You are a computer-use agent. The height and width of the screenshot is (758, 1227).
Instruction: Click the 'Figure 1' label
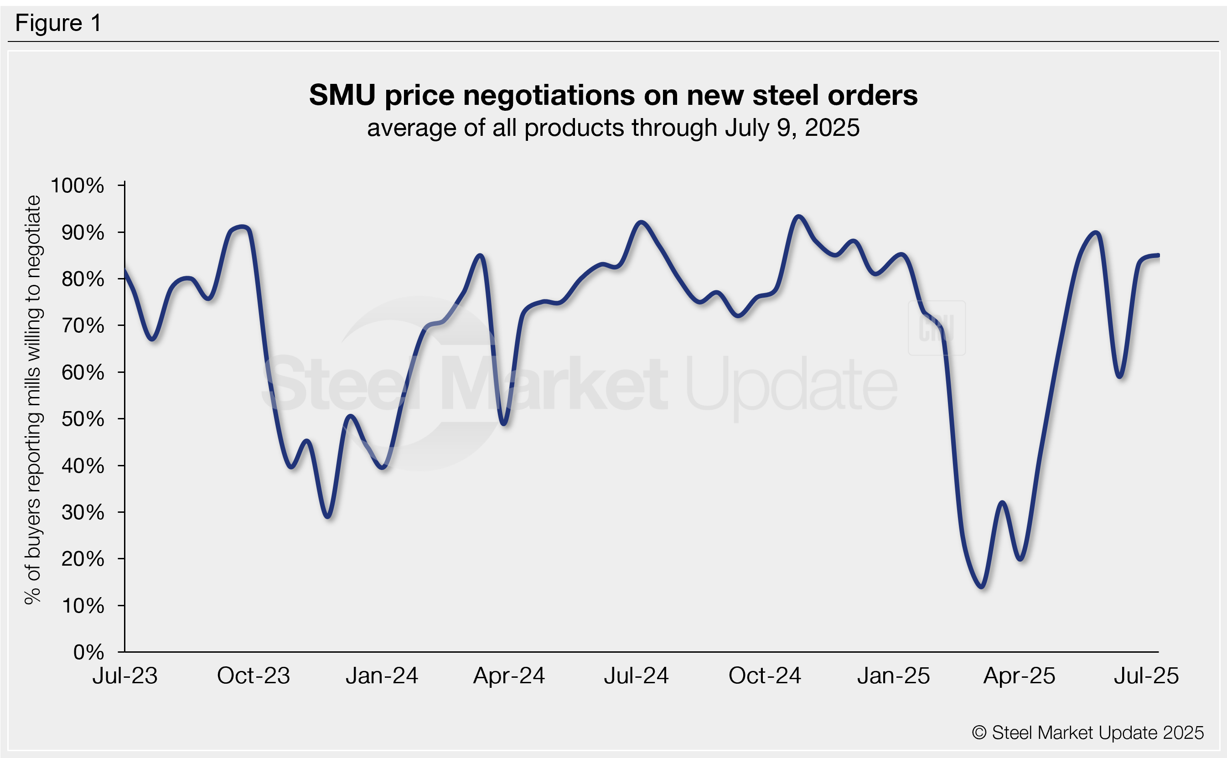[58, 23]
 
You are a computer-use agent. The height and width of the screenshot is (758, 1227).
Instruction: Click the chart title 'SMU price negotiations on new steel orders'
[613, 95]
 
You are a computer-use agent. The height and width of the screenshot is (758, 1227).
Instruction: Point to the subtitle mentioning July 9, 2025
[613, 128]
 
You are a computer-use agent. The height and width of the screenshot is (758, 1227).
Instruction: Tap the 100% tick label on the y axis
[78, 186]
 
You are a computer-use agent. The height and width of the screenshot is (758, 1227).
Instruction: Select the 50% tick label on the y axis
[83, 418]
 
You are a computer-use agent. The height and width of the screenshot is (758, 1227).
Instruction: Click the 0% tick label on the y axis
[89, 652]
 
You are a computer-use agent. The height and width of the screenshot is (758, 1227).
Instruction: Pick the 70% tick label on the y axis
[83, 326]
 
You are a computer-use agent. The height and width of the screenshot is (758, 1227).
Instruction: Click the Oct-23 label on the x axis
[253, 676]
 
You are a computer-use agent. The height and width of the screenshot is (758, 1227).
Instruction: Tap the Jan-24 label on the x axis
[382, 676]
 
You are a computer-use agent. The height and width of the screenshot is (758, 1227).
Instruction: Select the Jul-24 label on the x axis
[636, 676]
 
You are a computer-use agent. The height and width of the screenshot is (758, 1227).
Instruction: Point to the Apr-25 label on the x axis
[1019, 676]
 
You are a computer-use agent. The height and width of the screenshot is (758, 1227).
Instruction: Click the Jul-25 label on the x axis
[1146, 676]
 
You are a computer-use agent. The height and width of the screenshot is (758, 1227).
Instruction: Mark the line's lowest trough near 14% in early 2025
[982, 587]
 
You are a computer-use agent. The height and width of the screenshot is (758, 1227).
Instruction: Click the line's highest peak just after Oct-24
[798, 217]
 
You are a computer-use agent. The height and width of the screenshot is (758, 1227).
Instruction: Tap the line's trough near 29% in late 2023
[328, 516]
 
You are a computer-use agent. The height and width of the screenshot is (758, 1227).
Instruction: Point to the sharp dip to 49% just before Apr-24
[504, 424]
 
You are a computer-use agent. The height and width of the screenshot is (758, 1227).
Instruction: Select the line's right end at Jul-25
[1158, 255]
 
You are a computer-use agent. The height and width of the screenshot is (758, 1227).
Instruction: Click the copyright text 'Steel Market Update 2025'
[1087, 732]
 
